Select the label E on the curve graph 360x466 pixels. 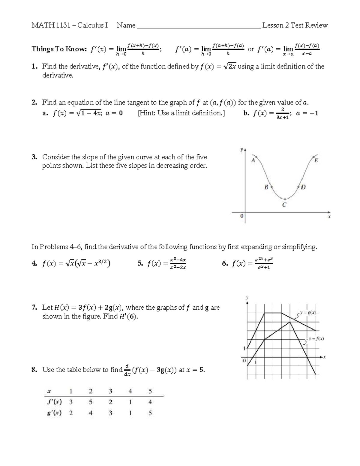pos(316,161)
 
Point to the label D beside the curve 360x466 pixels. pos(303,188)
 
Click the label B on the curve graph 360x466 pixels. pos(266,187)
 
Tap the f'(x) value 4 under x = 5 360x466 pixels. pos(150,402)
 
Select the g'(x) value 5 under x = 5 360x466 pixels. pos(150,413)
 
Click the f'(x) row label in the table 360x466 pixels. pos(54,402)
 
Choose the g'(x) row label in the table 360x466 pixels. pos(54,413)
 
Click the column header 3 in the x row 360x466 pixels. pos(110,391)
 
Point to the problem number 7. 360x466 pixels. pos(34,308)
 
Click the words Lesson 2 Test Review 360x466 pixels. pos(295,25)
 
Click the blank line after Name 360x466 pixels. pos(198,26)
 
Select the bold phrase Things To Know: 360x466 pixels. pos(59,49)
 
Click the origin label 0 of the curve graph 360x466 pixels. pos(241,216)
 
